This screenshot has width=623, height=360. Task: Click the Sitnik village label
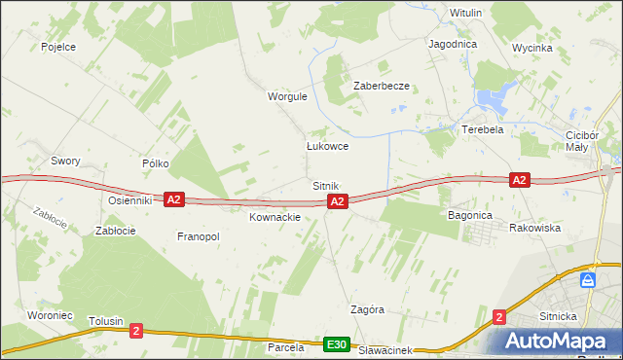click(325, 185)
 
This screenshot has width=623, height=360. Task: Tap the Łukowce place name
click(327, 146)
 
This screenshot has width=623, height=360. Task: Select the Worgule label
click(287, 96)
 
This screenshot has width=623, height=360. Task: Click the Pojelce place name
click(58, 46)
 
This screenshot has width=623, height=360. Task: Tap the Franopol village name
click(199, 236)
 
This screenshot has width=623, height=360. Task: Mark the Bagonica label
click(470, 214)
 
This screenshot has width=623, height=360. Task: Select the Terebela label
click(483, 129)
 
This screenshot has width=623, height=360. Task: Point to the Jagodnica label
click(452, 44)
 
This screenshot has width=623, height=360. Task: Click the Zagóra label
click(367, 309)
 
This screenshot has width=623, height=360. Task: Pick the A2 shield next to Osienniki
click(173, 199)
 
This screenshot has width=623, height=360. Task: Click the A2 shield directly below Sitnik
click(337, 201)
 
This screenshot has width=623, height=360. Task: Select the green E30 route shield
click(337, 344)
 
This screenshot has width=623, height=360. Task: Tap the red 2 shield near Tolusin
click(135, 331)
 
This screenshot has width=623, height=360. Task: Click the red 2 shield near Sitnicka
click(499, 316)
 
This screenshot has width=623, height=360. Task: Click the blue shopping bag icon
click(587, 279)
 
